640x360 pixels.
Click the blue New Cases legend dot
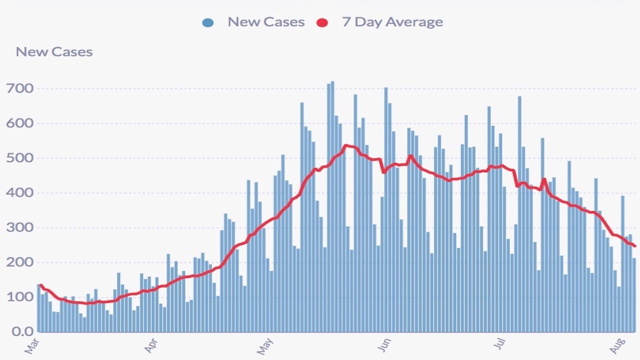pos(208,23)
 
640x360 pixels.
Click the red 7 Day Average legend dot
pos(322,23)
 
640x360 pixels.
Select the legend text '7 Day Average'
pos(392,22)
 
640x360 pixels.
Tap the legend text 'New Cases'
pos(266,22)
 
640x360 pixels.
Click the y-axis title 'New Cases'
pos(54,52)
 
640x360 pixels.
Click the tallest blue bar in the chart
pos(332,213)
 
